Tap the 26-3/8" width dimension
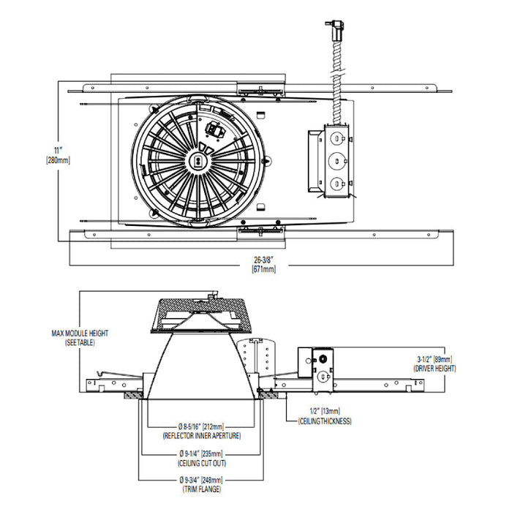click(263, 260)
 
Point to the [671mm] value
click(263, 270)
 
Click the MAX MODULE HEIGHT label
click(80, 333)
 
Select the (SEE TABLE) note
click(80, 342)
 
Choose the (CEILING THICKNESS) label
click(325, 421)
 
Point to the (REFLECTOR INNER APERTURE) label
click(201, 435)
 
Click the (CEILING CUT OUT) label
click(201, 462)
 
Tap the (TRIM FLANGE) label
click(201, 489)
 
